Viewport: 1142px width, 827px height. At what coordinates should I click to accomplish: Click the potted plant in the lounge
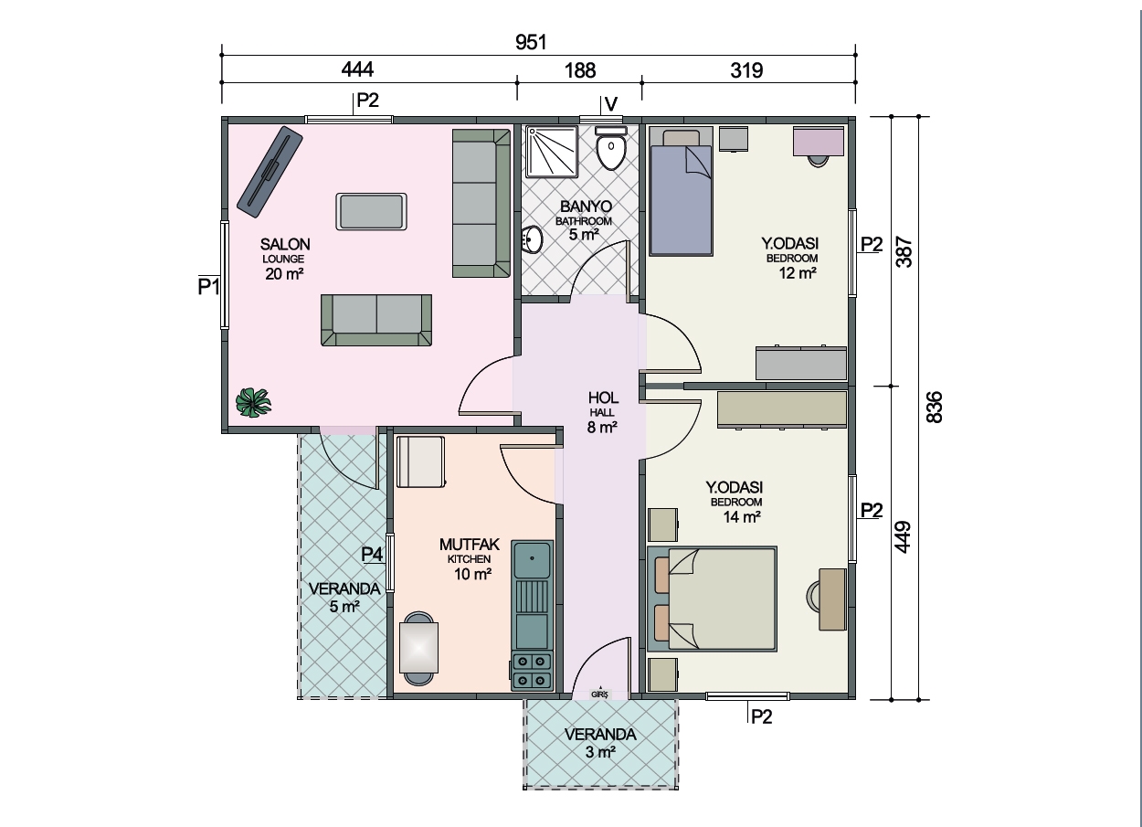(253, 403)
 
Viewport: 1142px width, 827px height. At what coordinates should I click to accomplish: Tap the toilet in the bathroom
(611, 148)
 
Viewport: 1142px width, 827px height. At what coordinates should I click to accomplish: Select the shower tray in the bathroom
(552, 152)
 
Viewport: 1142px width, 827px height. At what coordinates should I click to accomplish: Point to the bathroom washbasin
(533, 239)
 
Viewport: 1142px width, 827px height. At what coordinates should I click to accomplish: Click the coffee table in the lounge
(371, 211)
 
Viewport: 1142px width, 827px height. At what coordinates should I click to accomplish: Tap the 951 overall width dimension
(531, 42)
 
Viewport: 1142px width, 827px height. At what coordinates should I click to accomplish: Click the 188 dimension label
(579, 70)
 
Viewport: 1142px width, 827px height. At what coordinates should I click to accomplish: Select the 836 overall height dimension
(934, 407)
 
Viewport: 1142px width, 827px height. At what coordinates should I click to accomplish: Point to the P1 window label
(208, 286)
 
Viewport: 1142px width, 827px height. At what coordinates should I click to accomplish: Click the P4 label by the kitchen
(372, 554)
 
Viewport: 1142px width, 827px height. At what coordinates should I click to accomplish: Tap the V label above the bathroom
(611, 104)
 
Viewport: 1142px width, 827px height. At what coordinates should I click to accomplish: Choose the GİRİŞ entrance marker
(600, 694)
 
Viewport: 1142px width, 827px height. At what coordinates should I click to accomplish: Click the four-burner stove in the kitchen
(533, 671)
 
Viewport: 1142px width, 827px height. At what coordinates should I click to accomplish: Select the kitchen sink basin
(533, 559)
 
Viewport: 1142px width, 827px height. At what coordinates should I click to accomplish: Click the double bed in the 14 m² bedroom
(713, 599)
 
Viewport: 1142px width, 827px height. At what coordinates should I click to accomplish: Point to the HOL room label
(603, 398)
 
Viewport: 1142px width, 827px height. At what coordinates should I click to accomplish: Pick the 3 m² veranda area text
(600, 752)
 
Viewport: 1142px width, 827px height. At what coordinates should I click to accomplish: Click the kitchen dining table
(418, 648)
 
